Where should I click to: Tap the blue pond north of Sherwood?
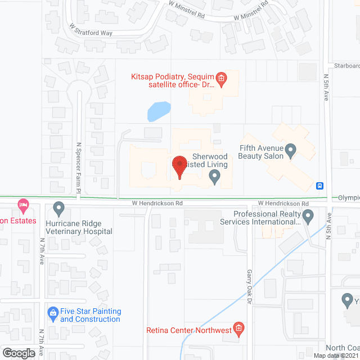tap(159, 111)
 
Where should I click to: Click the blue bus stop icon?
tap(320, 186)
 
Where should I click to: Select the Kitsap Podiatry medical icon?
tap(221, 79)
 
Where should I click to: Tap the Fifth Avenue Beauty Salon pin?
tap(291, 150)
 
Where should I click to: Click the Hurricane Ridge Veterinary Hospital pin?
tap(58, 209)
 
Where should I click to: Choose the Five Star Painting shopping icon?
tap(53, 311)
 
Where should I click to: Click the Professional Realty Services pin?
tap(308, 215)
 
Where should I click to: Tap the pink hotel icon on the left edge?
tap(22, 205)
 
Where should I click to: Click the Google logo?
tap(19, 353)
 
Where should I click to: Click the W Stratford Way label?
tap(91, 33)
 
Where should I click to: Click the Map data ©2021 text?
tap(336, 355)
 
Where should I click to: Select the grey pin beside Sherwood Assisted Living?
tap(214, 177)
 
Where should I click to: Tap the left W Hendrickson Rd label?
tap(157, 202)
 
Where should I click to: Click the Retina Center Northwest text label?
tap(189, 330)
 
